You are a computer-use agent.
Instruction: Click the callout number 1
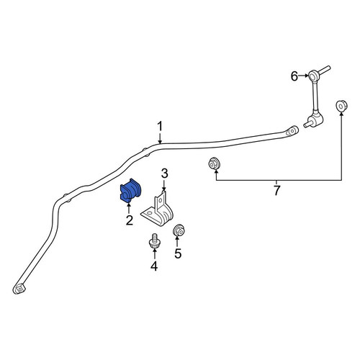point(160,126)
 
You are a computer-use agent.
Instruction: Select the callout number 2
point(130,220)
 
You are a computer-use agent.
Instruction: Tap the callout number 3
point(164,174)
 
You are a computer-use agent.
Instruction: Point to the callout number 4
point(154,266)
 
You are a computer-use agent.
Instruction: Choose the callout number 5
point(178,253)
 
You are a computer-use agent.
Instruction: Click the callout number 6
point(294,76)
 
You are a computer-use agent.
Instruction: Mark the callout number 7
point(276,190)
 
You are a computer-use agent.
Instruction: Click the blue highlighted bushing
point(130,189)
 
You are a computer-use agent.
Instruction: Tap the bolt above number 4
point(153,241)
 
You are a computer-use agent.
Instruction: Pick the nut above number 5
point(179,230)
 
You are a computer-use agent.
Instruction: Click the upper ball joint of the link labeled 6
point(313,76)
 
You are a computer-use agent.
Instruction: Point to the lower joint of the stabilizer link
point(315,121)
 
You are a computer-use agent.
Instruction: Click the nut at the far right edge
point(341,106)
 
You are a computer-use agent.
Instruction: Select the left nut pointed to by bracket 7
point(214,163)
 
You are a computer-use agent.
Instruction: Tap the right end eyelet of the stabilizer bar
point(292,131)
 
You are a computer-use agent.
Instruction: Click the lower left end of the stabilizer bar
point(19,288)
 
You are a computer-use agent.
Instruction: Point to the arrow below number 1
point(160,138)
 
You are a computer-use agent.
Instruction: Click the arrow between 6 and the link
point(304,76)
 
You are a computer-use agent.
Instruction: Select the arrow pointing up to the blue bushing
point(129,208)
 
